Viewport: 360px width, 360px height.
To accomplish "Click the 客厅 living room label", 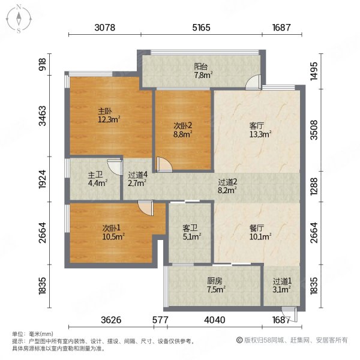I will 257,126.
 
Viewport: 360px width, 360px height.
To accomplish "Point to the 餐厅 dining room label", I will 257,228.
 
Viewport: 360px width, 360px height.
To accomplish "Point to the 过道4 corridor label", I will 137,176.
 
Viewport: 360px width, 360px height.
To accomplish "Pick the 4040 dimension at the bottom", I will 214,320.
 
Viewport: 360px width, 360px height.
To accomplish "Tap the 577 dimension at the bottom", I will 158,320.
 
